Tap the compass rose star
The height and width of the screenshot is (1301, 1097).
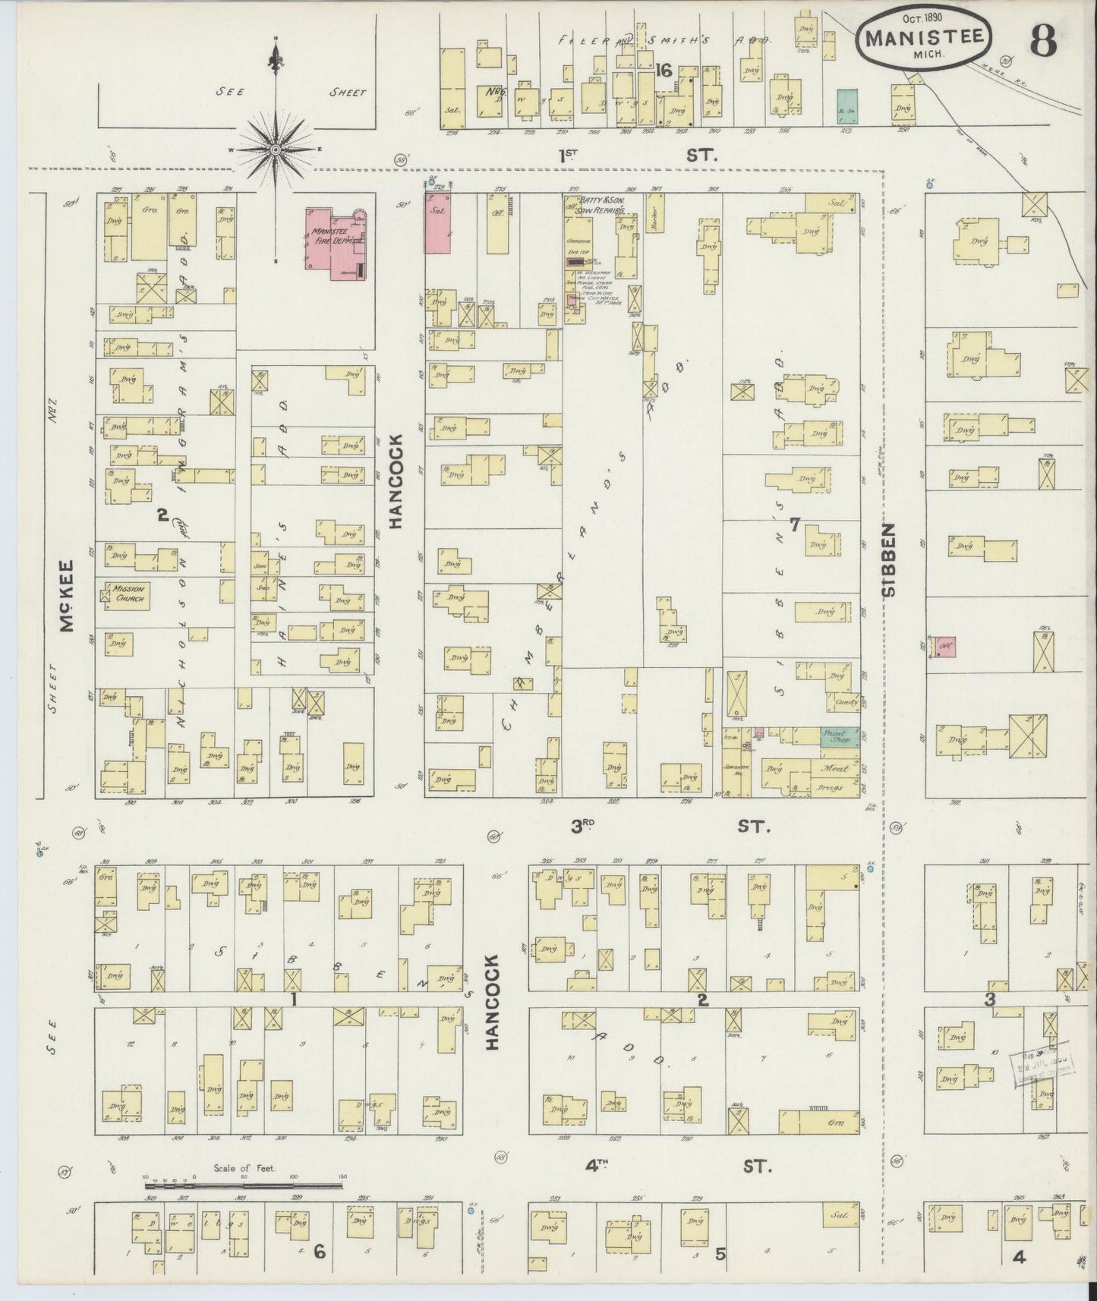click(276, 150)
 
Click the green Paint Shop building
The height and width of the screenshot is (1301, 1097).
click(840, 735)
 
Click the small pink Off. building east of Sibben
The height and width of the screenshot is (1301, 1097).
click(945, 647)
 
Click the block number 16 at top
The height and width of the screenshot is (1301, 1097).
click(663, 70)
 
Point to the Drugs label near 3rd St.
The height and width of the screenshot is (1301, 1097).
click(831, 787)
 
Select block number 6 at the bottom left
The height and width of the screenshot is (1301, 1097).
click(320, 1251)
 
